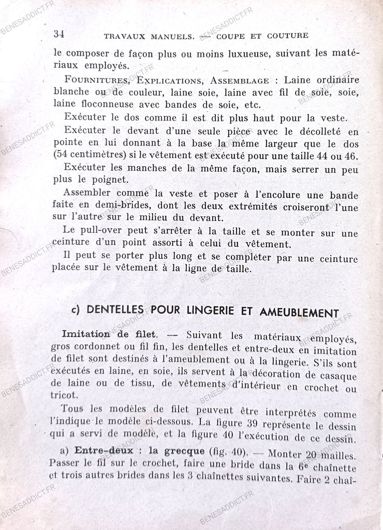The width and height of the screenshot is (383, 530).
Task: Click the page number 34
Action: point(58,35)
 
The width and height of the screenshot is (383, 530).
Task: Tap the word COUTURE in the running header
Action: point(288,36)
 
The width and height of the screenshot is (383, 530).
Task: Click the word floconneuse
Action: point(98,104)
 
